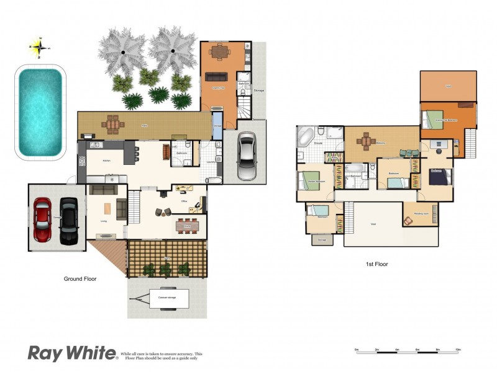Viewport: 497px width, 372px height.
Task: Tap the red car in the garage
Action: pyautogui.click(x=42, y=220)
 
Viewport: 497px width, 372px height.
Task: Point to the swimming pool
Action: pyautogui.click(x=40, y=112)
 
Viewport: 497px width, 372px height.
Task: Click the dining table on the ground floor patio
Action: pyautogui.click(x=112, y=125)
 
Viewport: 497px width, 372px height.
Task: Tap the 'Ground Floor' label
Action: pyautogui.click(x=80, y=279)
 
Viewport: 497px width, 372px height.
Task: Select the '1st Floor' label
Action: pyautogui.click(x=377, y=264)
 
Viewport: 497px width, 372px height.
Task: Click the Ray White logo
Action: pyautogui.click(x=72, y=353)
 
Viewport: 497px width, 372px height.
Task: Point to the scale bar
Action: pyautogui.click(x=407, y=352)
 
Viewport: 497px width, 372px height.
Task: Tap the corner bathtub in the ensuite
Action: pyautogui.click(x=306, y=136)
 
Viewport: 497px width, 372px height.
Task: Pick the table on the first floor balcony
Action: pyautogui.click(x=366, y=141)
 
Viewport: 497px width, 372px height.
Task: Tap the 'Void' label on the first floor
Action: pyautogui.click(x=373, y=225)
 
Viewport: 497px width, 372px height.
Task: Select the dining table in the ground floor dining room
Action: pyautogui.click(x=188, y=226)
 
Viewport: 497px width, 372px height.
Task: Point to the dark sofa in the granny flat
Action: pyautogui.click(x=217, y=77)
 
